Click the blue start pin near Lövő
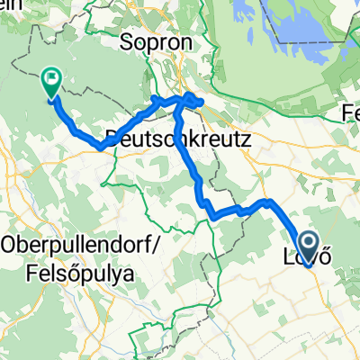click(307, 244)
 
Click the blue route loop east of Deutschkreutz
click(192, 100)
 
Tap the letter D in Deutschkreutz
click(113, 138)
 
